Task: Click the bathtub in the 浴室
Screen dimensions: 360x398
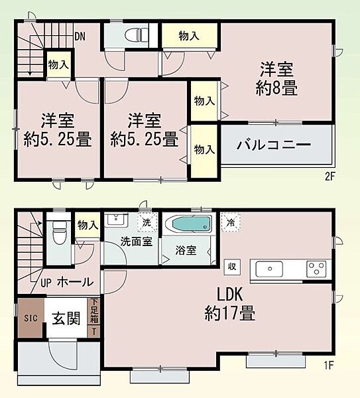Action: pos(192,224)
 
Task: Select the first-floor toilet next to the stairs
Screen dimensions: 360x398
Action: pos(58,232)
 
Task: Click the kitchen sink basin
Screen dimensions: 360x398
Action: pos(269,269)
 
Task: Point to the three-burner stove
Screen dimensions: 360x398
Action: pos(316,269)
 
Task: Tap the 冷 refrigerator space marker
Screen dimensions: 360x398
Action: pos(231,222)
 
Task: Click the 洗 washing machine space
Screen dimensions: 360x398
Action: pos(147,222)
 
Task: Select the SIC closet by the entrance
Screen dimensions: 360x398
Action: pos(30,318)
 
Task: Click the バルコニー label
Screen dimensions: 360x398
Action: pos(274,145)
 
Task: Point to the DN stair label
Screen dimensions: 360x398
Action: pos(80,36)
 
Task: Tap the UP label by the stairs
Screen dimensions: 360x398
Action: pos(46,283)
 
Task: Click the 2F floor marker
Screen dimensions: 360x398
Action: pos(330,176)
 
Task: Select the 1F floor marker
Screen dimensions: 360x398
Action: pos(328,365)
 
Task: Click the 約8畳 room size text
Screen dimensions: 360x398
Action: pos(276,88)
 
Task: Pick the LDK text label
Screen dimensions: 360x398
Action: pos(230,295)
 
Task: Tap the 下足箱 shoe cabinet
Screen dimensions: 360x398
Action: pos(94,311)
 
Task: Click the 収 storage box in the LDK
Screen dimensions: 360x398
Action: pos(232,267)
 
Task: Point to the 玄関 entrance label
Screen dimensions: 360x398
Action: pos(66,318)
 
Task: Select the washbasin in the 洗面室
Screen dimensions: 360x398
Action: pos(116,219)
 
